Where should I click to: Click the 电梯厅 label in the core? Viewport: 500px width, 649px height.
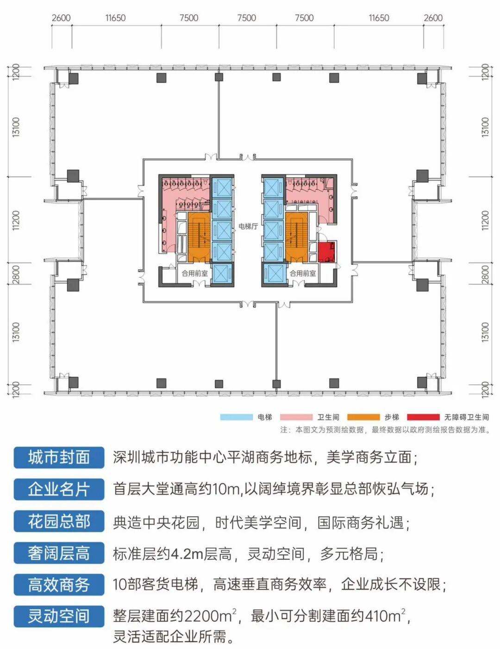248,226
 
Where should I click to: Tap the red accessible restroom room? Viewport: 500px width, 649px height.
326,252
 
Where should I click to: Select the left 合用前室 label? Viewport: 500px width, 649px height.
194,274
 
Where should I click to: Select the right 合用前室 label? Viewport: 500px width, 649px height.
303,274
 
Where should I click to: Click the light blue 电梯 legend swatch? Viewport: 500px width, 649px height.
237,417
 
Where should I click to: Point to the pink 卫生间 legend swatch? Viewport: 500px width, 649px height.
296,417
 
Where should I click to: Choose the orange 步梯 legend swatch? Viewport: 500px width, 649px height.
363,417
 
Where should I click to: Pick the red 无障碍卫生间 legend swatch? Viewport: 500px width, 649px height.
423,417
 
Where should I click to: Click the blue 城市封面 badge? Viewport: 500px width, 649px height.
59,457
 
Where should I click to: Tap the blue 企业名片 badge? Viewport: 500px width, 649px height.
59,489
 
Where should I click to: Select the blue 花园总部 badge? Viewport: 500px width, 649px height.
59,521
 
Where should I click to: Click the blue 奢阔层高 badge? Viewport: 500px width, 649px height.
59,553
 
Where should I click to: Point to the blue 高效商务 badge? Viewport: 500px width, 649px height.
59,585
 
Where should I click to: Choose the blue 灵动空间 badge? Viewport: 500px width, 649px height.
59,616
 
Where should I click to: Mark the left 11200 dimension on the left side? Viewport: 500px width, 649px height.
16,220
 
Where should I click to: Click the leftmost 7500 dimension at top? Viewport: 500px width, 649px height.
189,18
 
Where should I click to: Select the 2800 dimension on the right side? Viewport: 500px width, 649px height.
485,274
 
